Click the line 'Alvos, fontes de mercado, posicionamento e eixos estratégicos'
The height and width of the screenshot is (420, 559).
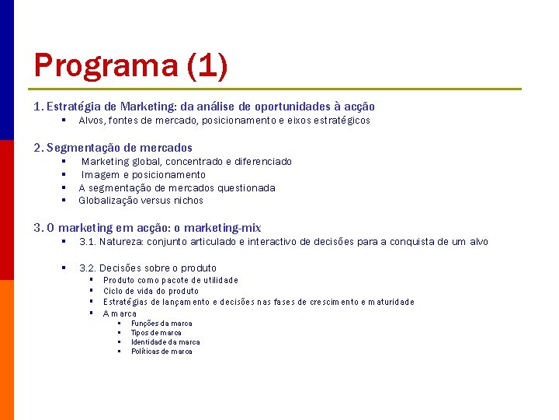[224, 121]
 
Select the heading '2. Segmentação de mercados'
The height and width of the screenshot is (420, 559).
[113, 147]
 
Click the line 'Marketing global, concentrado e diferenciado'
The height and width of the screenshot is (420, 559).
[186, 162]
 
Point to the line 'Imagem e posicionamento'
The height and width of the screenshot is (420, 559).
[144, 175]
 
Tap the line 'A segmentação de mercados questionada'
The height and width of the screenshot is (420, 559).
[177, 187]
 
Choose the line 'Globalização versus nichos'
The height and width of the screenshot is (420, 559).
[141, 201]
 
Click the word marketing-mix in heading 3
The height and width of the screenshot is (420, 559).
[223, 228]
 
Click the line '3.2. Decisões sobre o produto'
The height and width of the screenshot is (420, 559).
[148, 268]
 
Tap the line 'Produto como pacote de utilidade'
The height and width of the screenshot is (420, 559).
[170, 280]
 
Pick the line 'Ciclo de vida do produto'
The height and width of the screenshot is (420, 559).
[151, 291]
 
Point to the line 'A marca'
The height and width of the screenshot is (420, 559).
[120, 313]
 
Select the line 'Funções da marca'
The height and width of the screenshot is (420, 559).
[161, 324]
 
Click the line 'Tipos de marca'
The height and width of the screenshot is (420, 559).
[156, 333]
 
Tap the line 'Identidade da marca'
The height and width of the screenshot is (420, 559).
[165, 342]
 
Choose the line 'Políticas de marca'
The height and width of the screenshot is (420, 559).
[161, 352]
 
